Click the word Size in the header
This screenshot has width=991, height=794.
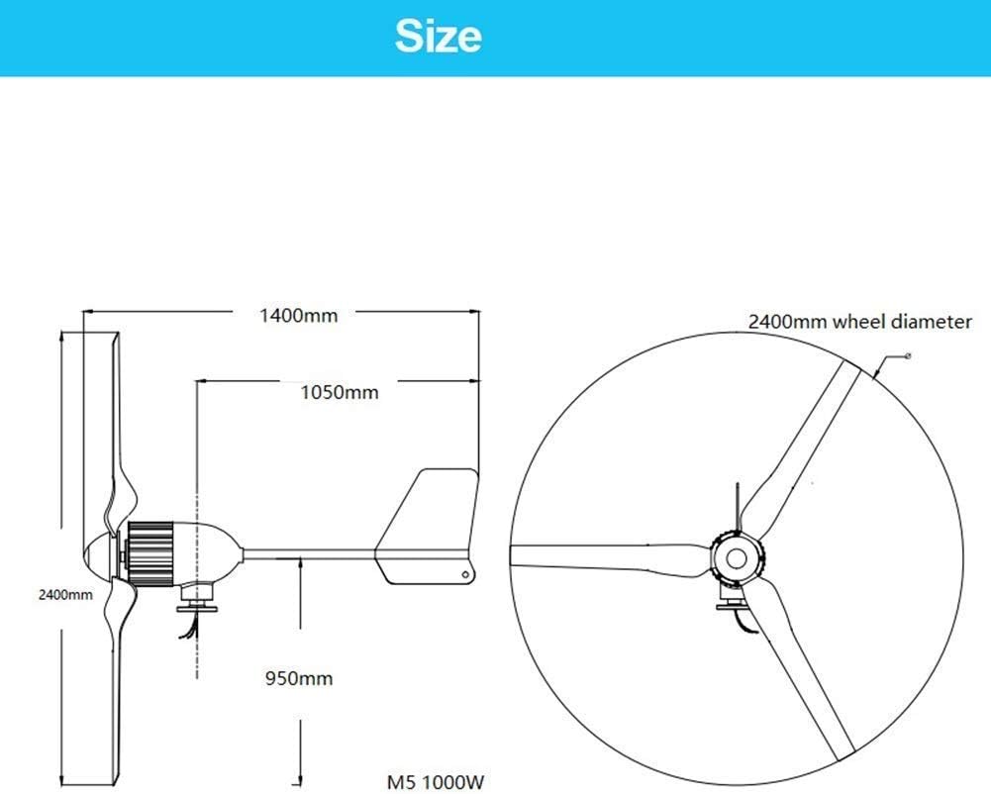tap(438, 37)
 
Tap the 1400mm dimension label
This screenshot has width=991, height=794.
tap(298, 316)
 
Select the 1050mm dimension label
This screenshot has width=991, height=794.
tap(340, 392)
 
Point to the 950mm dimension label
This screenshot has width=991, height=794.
tap(299, 679)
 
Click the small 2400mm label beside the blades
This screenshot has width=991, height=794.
tap(65, 595)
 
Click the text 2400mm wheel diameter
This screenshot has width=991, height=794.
tap(859, 322)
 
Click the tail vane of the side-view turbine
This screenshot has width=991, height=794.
tap(429, 525)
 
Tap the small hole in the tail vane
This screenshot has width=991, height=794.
tap(462, 573)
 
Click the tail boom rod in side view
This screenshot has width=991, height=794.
tap(307, 552)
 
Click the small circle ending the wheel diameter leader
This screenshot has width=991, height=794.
tap(908, 354)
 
